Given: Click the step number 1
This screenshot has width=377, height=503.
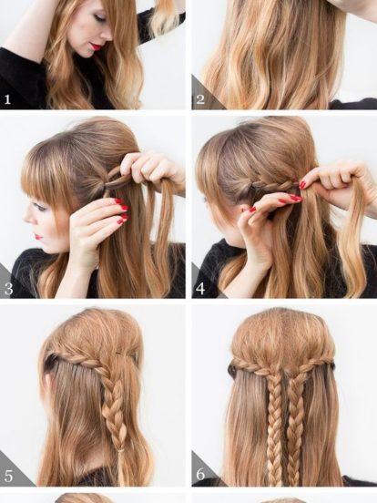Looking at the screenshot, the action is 7,99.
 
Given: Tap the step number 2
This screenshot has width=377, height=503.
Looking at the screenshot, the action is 200,99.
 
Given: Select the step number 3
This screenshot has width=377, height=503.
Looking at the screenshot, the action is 8,288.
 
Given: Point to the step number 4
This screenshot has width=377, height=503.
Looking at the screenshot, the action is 200,288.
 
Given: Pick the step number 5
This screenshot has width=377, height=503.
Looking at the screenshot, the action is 8,476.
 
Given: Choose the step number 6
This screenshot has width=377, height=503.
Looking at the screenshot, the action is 200,474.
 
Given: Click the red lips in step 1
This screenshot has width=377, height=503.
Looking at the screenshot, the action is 96,46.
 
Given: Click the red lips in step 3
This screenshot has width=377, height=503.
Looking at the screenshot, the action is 38,237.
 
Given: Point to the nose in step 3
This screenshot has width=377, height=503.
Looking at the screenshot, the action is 29,218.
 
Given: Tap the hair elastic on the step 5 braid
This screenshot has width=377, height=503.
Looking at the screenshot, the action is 121,450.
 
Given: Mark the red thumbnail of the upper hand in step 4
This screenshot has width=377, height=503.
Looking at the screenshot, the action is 302,185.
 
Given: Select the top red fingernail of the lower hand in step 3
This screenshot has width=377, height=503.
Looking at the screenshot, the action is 119,201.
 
